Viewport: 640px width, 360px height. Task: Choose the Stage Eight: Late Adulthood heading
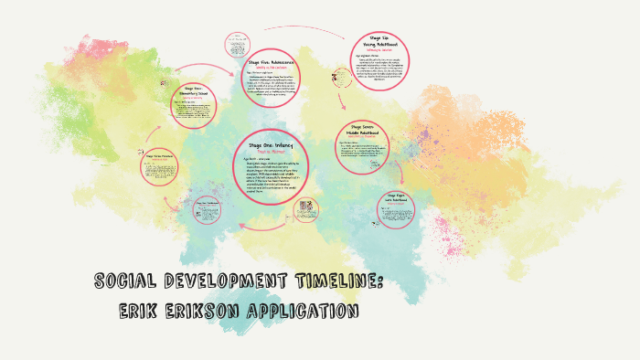[x=401, y=196]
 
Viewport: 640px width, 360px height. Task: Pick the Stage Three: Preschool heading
[x=163, y=157]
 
